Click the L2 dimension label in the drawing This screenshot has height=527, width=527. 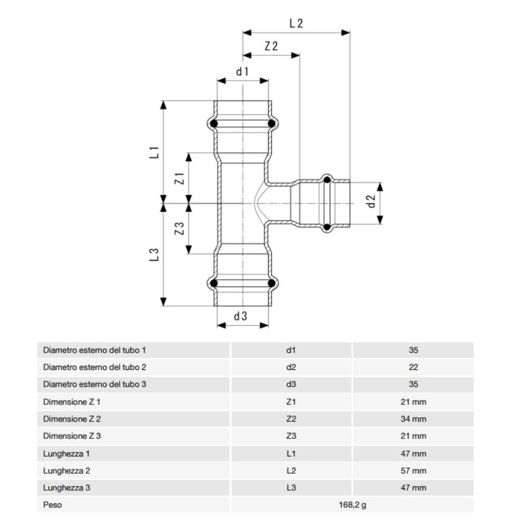[296, 24]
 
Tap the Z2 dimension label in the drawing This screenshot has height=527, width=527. [271, 46]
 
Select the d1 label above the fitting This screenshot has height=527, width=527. [242, 71]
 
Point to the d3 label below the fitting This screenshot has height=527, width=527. [241, 316]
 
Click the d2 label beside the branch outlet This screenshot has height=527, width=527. [371, 201]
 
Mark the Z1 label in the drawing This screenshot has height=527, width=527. [179, 179]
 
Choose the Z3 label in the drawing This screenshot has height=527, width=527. [179, 228]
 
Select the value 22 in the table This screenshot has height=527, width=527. [414, 367]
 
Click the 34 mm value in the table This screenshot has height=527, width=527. [414, 419]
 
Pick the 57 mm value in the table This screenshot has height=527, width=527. [414, 471]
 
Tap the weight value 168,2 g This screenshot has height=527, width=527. [352, 505]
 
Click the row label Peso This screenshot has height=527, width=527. [53, 505]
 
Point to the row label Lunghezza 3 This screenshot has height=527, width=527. [66, 488]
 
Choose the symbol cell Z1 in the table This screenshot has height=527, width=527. [291, 402]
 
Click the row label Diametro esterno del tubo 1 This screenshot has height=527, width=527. [94, 350]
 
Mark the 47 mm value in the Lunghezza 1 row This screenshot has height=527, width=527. [414, 453]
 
